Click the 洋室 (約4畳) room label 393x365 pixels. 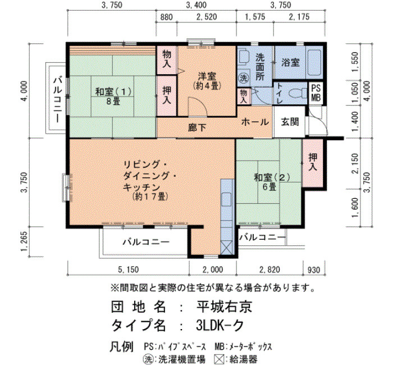pyautogui.click(x=207, y=81)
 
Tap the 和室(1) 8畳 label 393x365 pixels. pyautogui.click(x=113, y=97)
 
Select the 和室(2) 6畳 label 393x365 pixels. pyautogui.click(x=272, y=182)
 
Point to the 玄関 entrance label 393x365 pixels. pyautogui.click(x=290, y=122)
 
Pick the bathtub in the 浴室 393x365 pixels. pyautogui.click(x=314, y=62)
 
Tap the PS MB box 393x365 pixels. pyautogui.click(x=316, y=93)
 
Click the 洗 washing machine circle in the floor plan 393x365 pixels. pyautogui.click(x=243, y=78)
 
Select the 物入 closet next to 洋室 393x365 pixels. pyautogui.click(x=167, y=60)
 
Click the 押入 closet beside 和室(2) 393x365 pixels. pyautogui.click(x=313, y=163)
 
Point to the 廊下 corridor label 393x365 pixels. pyautogui.click(x=197, y=128)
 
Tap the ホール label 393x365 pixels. pyautogui.click(x=255, y=122)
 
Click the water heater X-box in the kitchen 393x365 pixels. pyautogui.click(x=227, y=248)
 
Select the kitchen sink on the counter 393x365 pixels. pyautogui.click(x=227, y=199)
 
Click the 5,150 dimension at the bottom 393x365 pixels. pyautogui.click(x=129, y=270)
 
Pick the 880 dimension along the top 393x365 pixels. pyautogui.click(x=166, y=17)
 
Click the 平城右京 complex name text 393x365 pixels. pyautogui.click(x=224, y=307)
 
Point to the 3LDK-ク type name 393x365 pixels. pyautogui.click(x=220, y=326)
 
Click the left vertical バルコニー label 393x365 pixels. pyautogui.click(x=58, y=101)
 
